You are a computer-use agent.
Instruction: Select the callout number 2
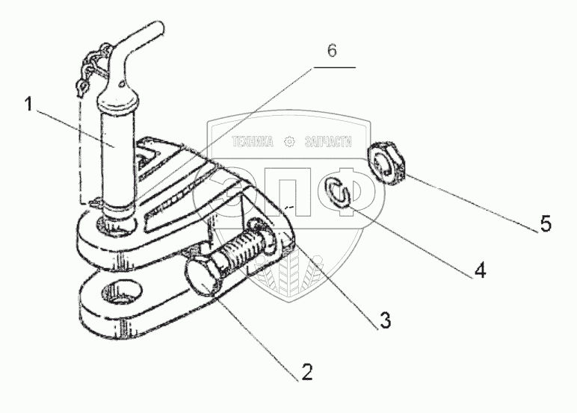pyautogui.click(x=306, y=371)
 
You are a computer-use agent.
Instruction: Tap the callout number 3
pyautogui.click(x=384, y=321)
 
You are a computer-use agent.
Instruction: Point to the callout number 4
pyautogui.click(x=480, y=270)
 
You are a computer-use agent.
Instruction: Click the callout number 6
pyautogui.click(x=332, y=51)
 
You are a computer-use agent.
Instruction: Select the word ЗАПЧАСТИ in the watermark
pyautogui.click(x=327, y=141)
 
